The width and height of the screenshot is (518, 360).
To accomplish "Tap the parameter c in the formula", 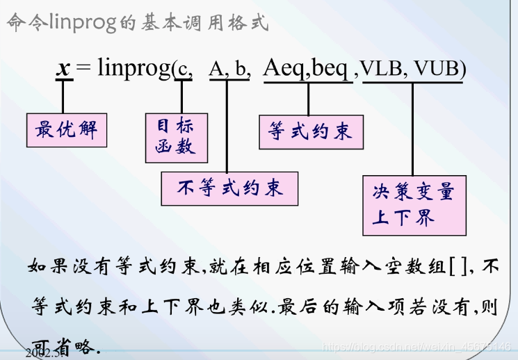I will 183,69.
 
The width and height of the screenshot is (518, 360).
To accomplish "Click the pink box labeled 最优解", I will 67,129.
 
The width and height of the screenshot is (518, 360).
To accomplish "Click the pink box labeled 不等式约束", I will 229,188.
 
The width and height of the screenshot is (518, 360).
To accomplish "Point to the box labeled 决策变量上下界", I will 414,205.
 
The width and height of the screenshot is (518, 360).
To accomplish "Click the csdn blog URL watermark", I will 418,346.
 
